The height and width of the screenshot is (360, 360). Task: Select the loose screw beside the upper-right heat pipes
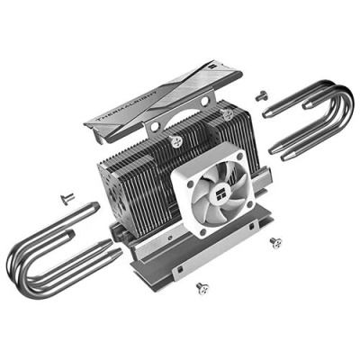click(x=261, y=95)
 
